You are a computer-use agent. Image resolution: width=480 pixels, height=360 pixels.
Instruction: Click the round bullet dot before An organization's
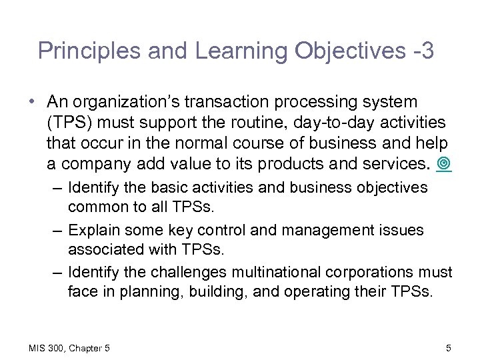(33, 103)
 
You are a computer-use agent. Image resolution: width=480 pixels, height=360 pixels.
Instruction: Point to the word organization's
(128, 102)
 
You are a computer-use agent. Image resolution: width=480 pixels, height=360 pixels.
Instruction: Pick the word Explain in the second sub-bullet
(92, 230)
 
